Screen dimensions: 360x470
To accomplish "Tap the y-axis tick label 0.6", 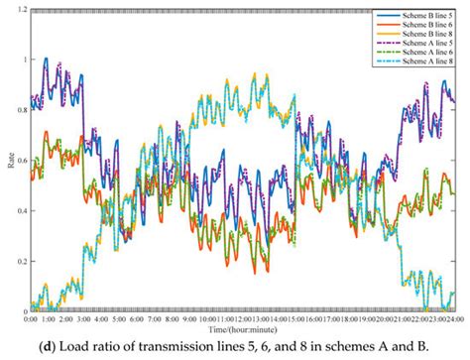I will pos(21,160).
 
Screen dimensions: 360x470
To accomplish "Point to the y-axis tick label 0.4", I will pos(21,210).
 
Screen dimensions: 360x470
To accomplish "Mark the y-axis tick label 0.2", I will pos(21,261).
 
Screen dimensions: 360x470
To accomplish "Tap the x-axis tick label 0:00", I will pos(31,318).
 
